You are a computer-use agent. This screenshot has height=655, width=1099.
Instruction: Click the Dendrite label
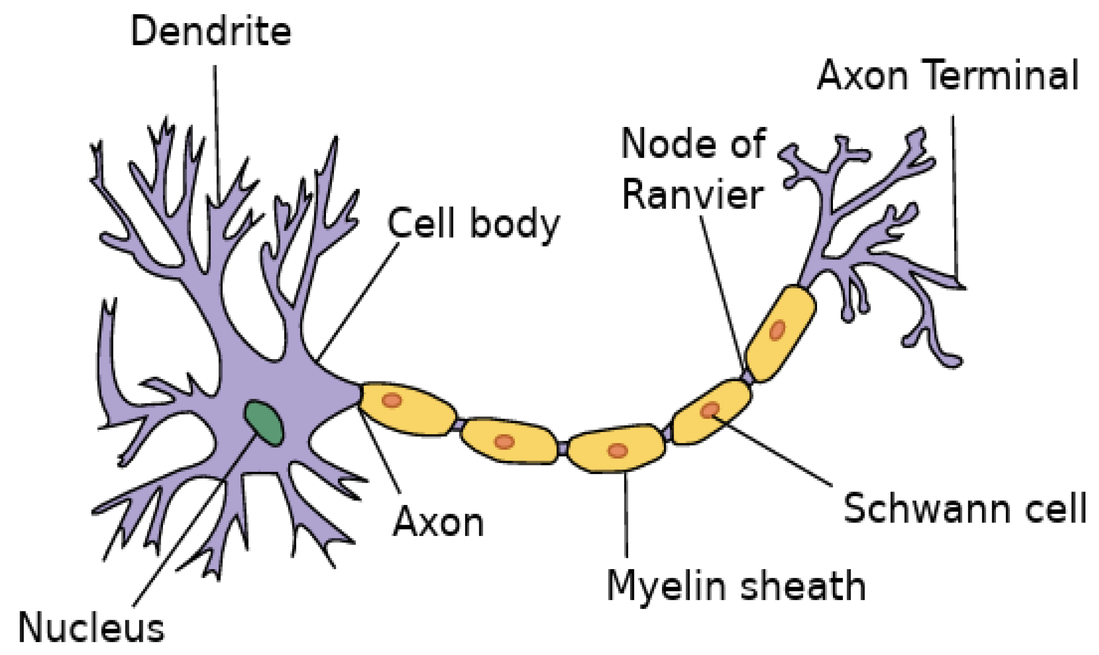coord(211,31)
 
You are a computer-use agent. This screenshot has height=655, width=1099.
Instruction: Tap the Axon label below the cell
coord(439,523)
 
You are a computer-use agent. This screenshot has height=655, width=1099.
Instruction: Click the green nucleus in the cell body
coord(264,422)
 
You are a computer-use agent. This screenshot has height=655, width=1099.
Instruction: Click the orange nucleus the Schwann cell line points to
coord(710,410)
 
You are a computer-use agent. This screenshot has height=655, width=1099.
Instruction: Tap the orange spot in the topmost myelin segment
coord(777,330)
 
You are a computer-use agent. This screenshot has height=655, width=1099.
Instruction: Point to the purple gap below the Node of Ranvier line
coord(747,378)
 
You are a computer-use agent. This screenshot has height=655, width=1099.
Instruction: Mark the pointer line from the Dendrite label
coord(217,132)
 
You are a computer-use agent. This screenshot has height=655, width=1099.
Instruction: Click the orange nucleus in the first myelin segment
coord(392,400)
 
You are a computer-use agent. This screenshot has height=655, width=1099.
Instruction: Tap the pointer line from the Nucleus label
coord(194,521)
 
